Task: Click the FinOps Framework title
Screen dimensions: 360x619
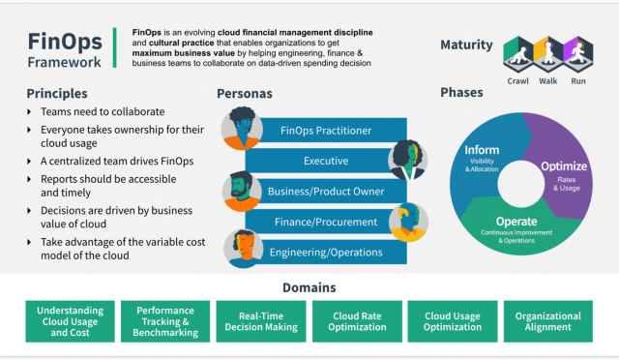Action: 62,49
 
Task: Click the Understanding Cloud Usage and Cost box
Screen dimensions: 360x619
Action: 71,321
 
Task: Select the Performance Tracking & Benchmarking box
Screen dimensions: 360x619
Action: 164,321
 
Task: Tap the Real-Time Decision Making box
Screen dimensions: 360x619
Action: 260,321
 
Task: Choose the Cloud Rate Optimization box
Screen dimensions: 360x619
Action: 356,321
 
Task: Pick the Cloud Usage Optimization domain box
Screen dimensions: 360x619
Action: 452,321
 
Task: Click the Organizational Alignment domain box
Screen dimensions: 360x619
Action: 547,321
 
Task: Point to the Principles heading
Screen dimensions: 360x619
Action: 59,93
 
